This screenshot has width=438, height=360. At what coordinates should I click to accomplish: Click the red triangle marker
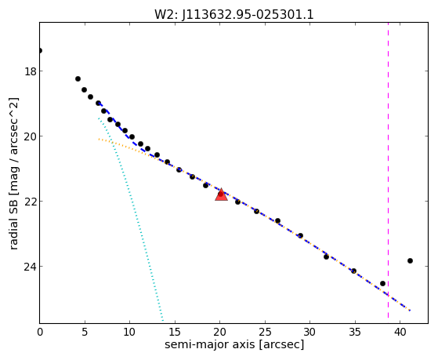(x=221, y=195)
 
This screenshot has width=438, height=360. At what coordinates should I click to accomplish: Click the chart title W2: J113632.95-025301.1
(x=234, y=14)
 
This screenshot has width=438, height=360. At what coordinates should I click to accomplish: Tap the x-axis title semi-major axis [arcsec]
(x=234, y=344)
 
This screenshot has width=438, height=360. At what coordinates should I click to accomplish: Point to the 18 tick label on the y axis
(x=31, y=71)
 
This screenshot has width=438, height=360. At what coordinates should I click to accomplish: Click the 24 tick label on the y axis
(x=31, y=267)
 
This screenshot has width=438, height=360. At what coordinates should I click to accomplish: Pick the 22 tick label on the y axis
(x=31, y=201)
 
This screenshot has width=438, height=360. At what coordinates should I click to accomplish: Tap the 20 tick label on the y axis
(x=31, y=136)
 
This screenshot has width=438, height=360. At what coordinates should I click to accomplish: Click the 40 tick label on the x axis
(x=400, y=333)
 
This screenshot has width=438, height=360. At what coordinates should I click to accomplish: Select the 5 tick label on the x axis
(x=85, y=333)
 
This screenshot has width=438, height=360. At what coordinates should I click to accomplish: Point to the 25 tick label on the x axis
(x=265, y=333)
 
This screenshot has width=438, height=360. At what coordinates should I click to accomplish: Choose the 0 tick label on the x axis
(x=40, y=333)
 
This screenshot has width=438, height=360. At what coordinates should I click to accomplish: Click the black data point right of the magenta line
(x=410, y=260)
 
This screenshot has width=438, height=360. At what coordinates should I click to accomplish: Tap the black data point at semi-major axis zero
(x=40, y=51)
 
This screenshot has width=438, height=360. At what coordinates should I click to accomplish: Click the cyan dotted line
(x=131, y=220)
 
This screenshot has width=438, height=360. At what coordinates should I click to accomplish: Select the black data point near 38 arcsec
(x=382, y=284)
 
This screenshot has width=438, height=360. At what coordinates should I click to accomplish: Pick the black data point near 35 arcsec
(x=353, y=271)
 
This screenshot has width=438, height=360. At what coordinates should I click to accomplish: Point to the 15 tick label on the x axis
(x=175, y=333)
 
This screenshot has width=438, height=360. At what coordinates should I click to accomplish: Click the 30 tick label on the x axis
(x=309, y=333)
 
